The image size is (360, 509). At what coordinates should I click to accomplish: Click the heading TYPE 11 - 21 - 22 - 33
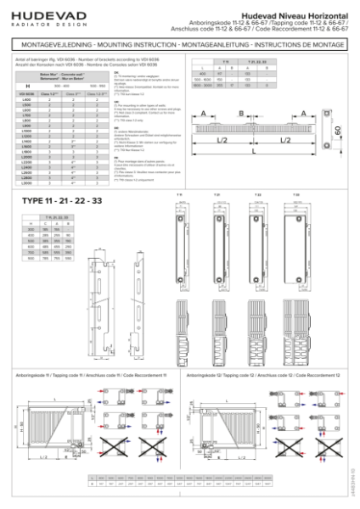(56, 200)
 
